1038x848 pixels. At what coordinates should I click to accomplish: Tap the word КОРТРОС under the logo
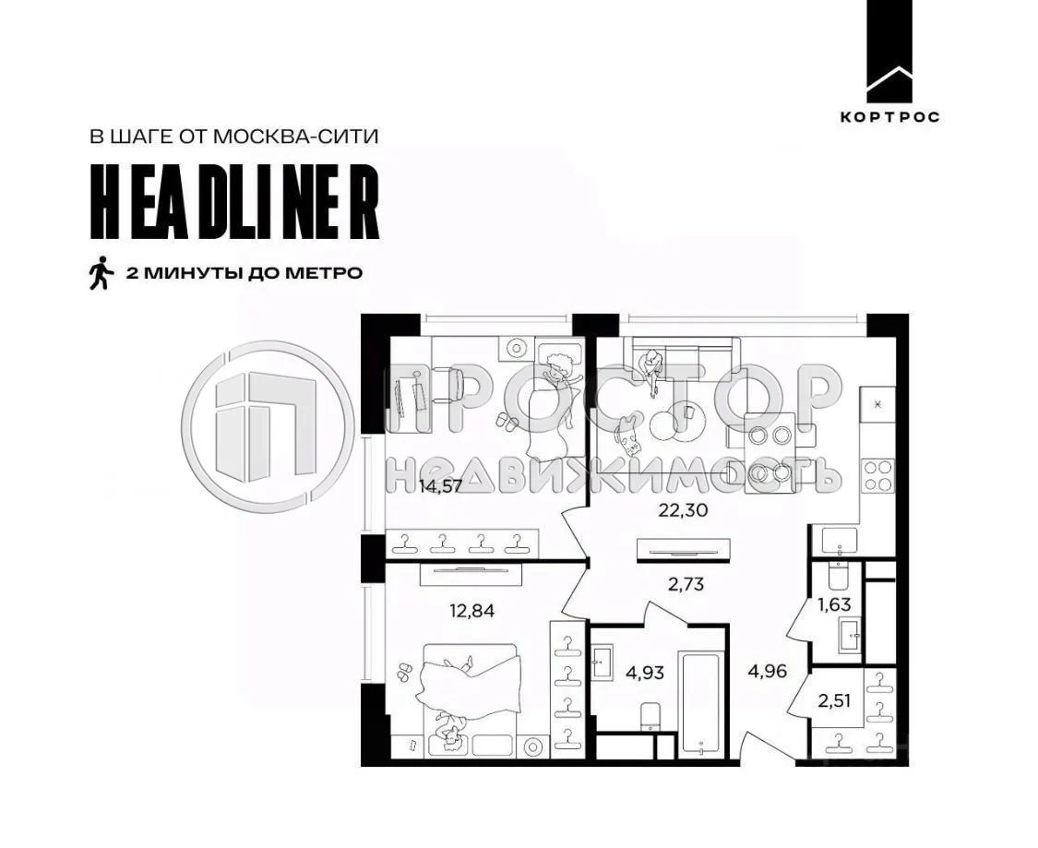pyautogui.click(x=889, y=117)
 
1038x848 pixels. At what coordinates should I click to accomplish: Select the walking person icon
pyautogui.click(x=100, y=273)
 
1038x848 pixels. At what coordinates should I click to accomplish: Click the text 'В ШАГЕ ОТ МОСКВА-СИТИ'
pyautogui.click(x=234, y=137)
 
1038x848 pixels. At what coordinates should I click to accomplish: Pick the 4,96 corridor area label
pyautogui.click(x=767, y=671)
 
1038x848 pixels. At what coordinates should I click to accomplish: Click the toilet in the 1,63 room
pyautogui.click(x=838, y=576)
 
